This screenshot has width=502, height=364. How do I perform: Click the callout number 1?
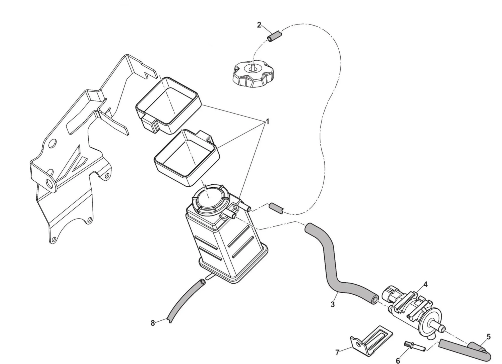point(267,122)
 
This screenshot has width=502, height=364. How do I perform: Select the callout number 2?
point(259,25)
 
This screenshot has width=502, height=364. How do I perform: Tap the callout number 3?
point(333,305)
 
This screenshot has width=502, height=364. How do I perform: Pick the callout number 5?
point(488,337)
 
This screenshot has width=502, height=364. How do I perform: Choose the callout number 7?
point(337,353)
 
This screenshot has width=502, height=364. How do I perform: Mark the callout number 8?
point(153,323)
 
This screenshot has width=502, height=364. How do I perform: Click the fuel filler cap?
point(254,75)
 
